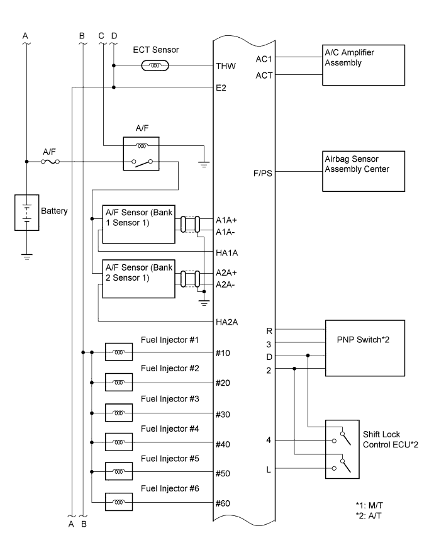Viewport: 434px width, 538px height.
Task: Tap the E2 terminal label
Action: click(x=221, y=88)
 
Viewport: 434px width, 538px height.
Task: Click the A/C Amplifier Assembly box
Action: click(x=364, y=64)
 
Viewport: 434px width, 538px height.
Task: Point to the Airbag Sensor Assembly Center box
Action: click(x=364, y=171)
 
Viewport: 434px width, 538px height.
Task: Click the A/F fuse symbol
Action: click(x=50, y=162)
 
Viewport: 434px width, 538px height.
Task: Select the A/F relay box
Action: click(x=141, y=154)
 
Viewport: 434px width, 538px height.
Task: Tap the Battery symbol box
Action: click(x=26, y=213)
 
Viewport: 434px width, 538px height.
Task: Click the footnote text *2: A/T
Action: click(x=370, y=515)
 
